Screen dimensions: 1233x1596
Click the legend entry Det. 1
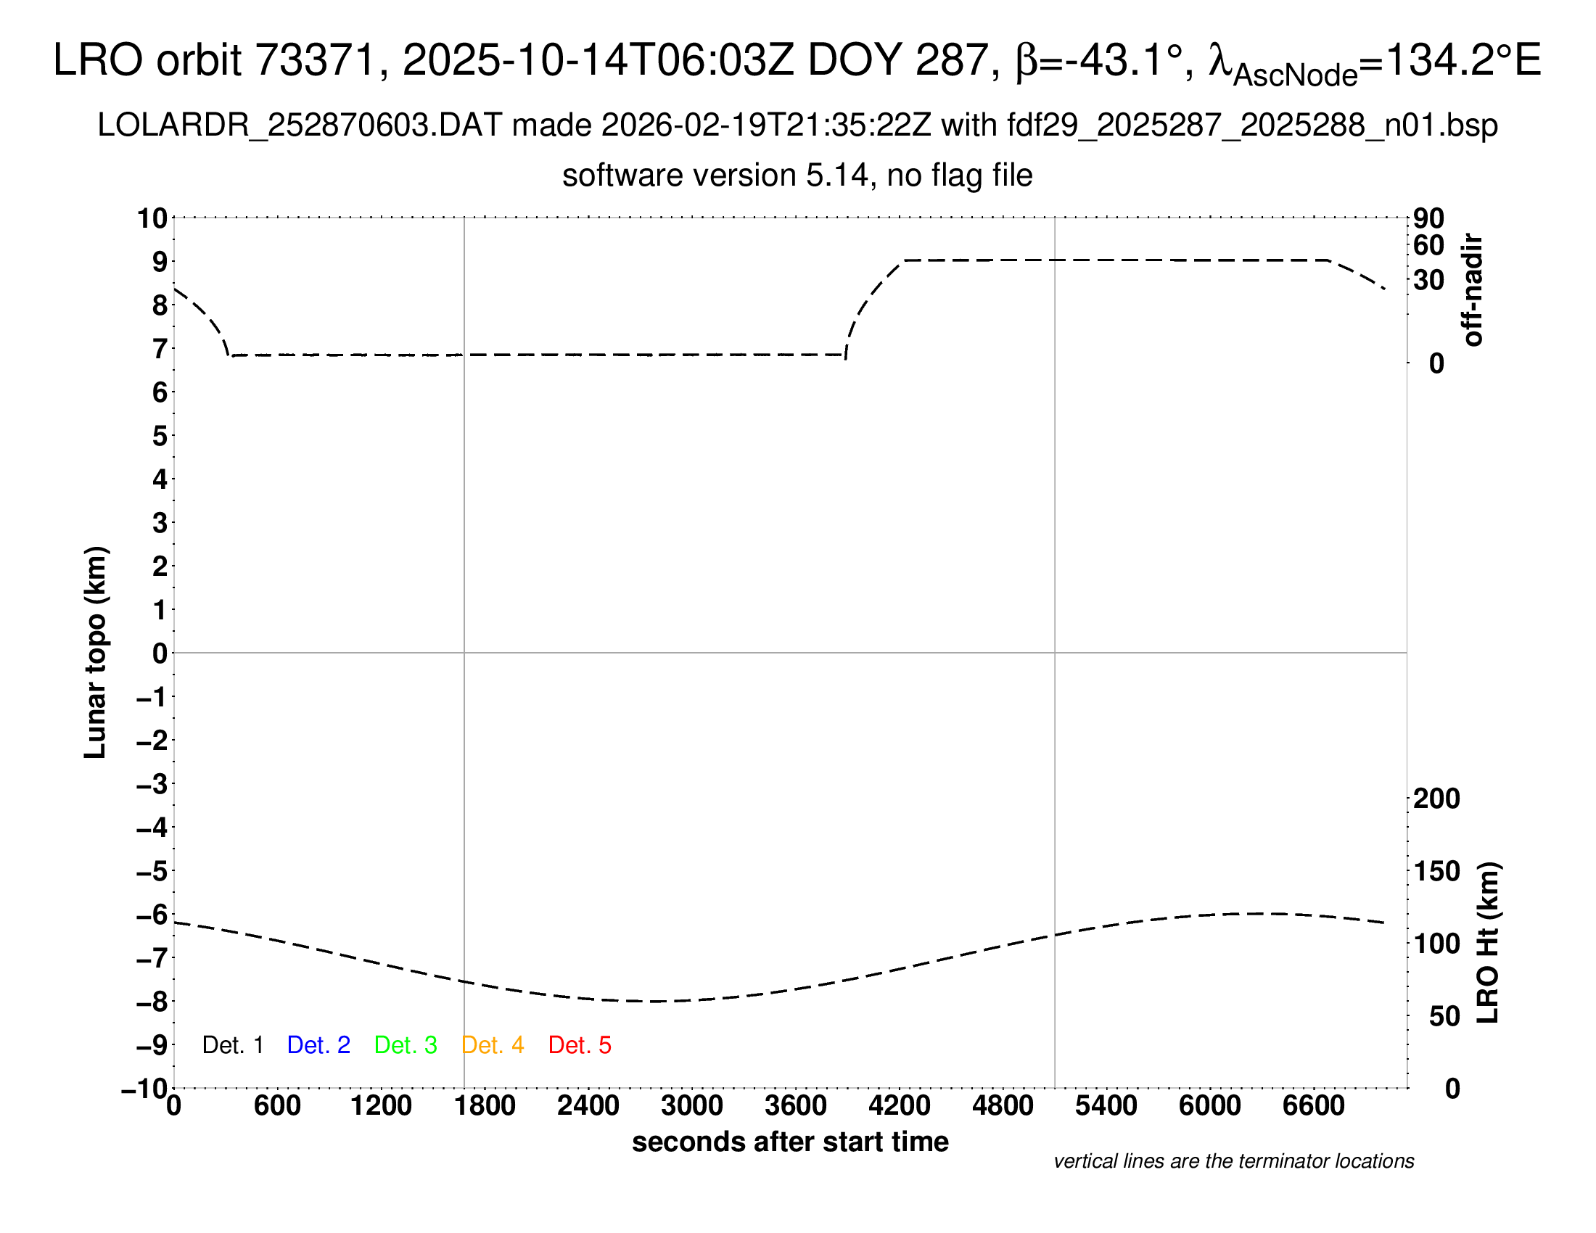pos(232,1045)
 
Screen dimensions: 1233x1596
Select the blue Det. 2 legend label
pos(318,1045)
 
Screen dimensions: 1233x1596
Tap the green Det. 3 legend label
pos(406,1045)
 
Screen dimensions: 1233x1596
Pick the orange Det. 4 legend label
pos(493,1045)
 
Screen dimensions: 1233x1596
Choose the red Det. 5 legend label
pos(580,1045)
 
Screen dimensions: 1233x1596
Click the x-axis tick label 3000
pos(691,1106)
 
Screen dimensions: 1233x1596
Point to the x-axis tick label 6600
pos(1313,1106)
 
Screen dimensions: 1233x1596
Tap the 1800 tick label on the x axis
pos(485,1106)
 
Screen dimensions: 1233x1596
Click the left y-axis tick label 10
pos(153,218)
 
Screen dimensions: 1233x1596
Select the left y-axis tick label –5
pos(152,871)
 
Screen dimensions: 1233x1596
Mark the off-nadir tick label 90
pos(1428,218)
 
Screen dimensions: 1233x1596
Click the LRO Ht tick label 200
pos(1436,799)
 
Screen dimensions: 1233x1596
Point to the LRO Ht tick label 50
pos(1444,1016)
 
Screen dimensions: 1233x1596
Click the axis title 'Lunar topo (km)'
pos(96,652)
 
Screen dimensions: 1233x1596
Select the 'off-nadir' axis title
pos(1473,290)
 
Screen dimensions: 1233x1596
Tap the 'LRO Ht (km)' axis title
pos(1488,943)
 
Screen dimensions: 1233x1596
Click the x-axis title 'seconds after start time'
pos(790,1142)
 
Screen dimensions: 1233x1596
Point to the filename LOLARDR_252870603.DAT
pos(299,125)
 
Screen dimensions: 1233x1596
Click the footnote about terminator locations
pos(1233,1161)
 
